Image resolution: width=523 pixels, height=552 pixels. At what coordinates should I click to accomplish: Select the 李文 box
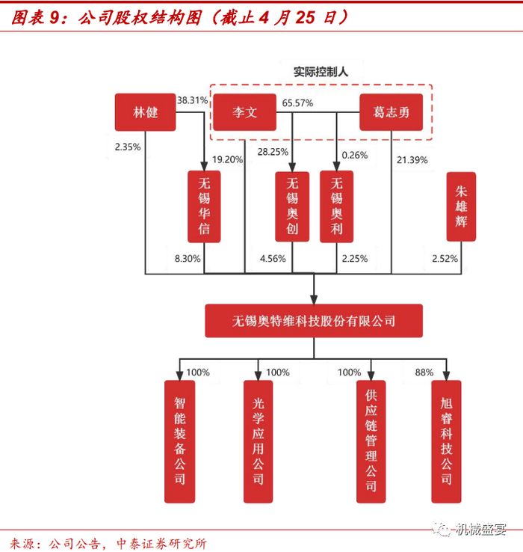click(244, 113)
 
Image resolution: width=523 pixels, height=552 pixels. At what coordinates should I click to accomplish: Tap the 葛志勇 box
click(390, 113)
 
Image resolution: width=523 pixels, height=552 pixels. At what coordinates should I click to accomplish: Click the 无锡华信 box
click(204, 206)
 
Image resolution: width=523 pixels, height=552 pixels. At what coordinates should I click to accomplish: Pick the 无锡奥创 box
click(291, 206)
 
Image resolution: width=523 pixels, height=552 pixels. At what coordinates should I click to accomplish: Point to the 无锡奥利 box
click(336, 206)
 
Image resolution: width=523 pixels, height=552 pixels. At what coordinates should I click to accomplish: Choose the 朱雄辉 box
click(461, 206)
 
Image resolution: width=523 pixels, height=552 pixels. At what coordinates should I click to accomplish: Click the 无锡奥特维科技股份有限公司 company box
click(314, 321)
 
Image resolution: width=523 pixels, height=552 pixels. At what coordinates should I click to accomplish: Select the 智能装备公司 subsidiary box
click(179, 441)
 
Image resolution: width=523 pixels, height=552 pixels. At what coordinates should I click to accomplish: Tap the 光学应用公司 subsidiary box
click(259, 441)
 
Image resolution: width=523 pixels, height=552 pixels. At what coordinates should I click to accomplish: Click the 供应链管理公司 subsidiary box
click(371, 441)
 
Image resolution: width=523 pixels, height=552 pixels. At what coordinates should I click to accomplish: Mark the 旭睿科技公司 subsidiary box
click(447, 441)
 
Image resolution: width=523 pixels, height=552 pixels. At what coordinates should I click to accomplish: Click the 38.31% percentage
click(191, 99)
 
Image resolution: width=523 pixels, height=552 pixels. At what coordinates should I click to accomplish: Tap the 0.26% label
click(355, 156)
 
